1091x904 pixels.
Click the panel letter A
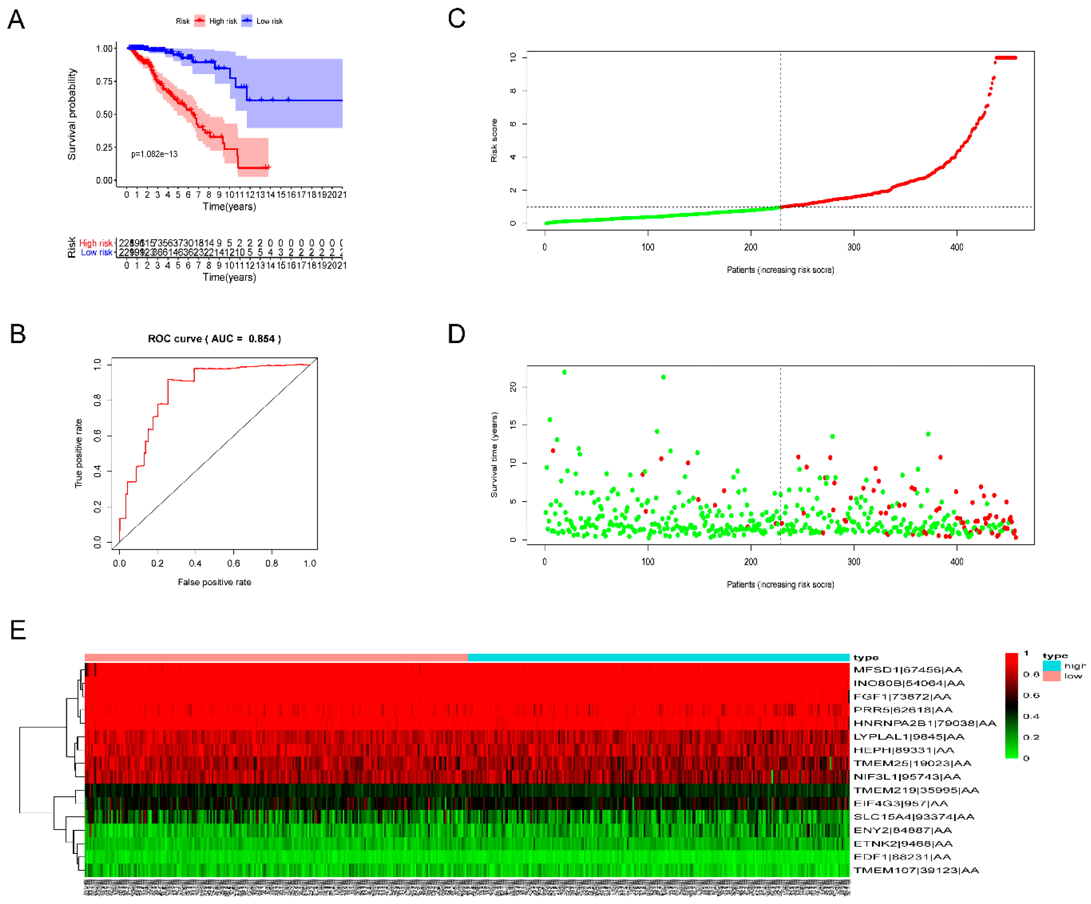(16, 20)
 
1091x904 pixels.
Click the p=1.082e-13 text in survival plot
(154, 154)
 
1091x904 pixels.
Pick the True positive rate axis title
(78, 453)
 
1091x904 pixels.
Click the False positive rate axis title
(214, 582)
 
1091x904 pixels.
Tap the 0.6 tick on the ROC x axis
(233, 564)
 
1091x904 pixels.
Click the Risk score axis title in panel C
(494, 140)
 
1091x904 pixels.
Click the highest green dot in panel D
(564, 372)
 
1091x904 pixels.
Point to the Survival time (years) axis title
(494, 455)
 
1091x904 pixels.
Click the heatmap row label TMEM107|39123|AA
(916, 870)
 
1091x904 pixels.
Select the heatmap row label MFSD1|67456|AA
(908, 670)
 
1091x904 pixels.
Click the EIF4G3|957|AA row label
(900, 803)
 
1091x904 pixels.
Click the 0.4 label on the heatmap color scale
(1031, 716)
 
